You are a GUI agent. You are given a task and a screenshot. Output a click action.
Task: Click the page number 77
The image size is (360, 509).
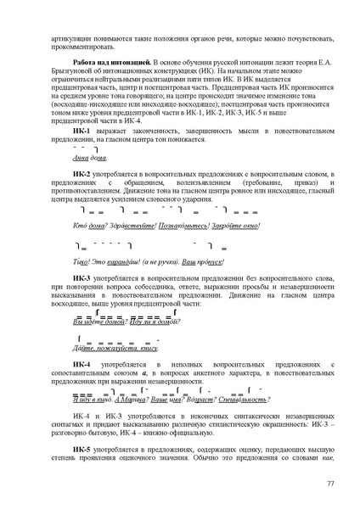pyautogui.click(x=329, y=483)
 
